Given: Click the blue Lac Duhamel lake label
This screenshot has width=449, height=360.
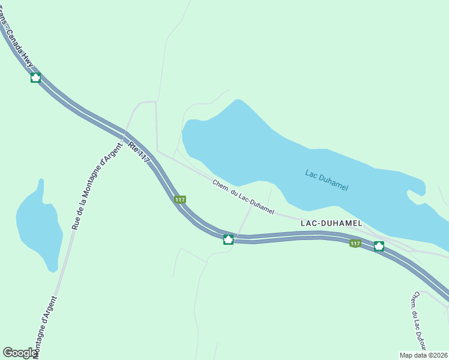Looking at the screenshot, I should (x=327, y=180).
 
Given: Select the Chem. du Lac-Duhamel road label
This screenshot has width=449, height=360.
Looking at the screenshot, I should (x=243, y=197).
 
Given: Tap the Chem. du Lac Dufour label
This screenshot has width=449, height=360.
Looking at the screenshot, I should (x=418, y=322).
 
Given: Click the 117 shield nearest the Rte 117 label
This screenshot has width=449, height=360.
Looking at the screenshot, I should (x=179, y=199).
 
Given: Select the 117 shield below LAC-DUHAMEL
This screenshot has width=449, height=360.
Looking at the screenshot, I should (x=355, y=243).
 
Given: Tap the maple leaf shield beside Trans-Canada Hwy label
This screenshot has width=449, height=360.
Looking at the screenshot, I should (x=35, y=77).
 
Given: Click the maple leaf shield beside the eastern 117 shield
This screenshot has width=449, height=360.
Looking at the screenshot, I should (x=379, y=245).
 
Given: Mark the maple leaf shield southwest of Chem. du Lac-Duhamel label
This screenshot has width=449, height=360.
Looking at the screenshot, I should (x=228, y=239).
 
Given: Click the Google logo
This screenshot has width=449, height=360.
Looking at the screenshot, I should (x=20, y=353).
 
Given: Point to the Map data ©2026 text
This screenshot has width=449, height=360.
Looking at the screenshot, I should (x=423, y=355).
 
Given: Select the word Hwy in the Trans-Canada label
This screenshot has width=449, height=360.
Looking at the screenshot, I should (x=26, y=59).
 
